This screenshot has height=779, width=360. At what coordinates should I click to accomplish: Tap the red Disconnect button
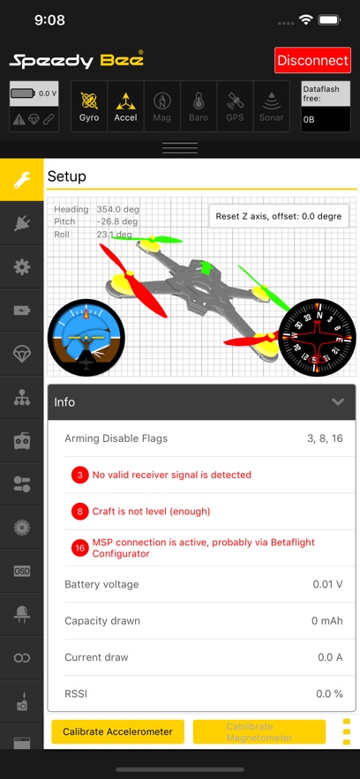[x=312, y=60]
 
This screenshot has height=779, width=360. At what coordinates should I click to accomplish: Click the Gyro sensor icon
[x=89, y=106]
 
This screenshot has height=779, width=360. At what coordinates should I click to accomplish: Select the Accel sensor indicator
[x=125, y=106]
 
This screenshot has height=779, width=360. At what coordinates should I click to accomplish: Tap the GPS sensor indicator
[x=235, y=106]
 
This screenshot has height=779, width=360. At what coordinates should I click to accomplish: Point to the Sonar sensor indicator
[x=271, y=106]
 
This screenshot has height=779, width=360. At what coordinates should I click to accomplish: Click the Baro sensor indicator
[x=199, y=106]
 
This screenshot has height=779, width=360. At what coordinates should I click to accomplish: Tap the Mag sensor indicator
[x=162, y=106]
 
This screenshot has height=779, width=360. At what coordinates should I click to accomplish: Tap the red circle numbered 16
[x=80, y=548]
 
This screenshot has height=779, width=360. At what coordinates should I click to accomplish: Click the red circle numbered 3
[x=80, y=475]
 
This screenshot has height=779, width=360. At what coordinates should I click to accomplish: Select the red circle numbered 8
[x=80, y=511]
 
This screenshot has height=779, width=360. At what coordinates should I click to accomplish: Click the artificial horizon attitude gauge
[x=86, y=336]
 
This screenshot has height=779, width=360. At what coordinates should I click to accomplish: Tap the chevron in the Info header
[x=337, y=401]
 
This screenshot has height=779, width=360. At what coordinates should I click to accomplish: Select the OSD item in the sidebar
[x=22, y=571]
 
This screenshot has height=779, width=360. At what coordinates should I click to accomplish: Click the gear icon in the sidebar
[x=22, y=266]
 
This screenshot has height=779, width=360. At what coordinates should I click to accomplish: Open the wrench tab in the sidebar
[x=22, y=181]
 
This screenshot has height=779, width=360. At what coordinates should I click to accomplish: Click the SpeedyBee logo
[x=77, y=60]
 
